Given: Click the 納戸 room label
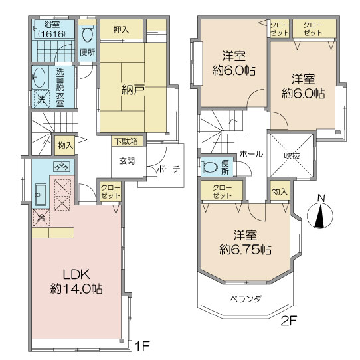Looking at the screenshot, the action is coord(133,91).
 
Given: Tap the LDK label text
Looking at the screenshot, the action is coord(76,274).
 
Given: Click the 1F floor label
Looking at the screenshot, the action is coord(142,346).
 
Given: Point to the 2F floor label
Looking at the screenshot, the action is coord(289,321).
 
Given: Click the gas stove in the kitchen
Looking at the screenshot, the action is coord(62,167).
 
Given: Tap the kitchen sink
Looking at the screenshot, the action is coord(41,195).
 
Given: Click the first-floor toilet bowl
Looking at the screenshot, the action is coord(87,34).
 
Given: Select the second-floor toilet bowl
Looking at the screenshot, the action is coord(210,167).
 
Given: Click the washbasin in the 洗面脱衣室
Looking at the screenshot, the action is coord(40,77).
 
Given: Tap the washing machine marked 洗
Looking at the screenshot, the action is coord(42,100).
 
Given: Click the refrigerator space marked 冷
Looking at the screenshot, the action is coord(41,218).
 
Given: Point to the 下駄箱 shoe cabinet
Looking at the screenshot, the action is coord(128,141).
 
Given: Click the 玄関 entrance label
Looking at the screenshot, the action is coord(127,161).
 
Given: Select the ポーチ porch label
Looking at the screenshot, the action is coord(169,169).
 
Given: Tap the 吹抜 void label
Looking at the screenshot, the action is coord(292,156).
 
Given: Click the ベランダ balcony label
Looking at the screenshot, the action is coord(246,299).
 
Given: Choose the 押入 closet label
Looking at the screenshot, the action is coord(122,29).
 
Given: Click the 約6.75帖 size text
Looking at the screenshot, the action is coord(246,249).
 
